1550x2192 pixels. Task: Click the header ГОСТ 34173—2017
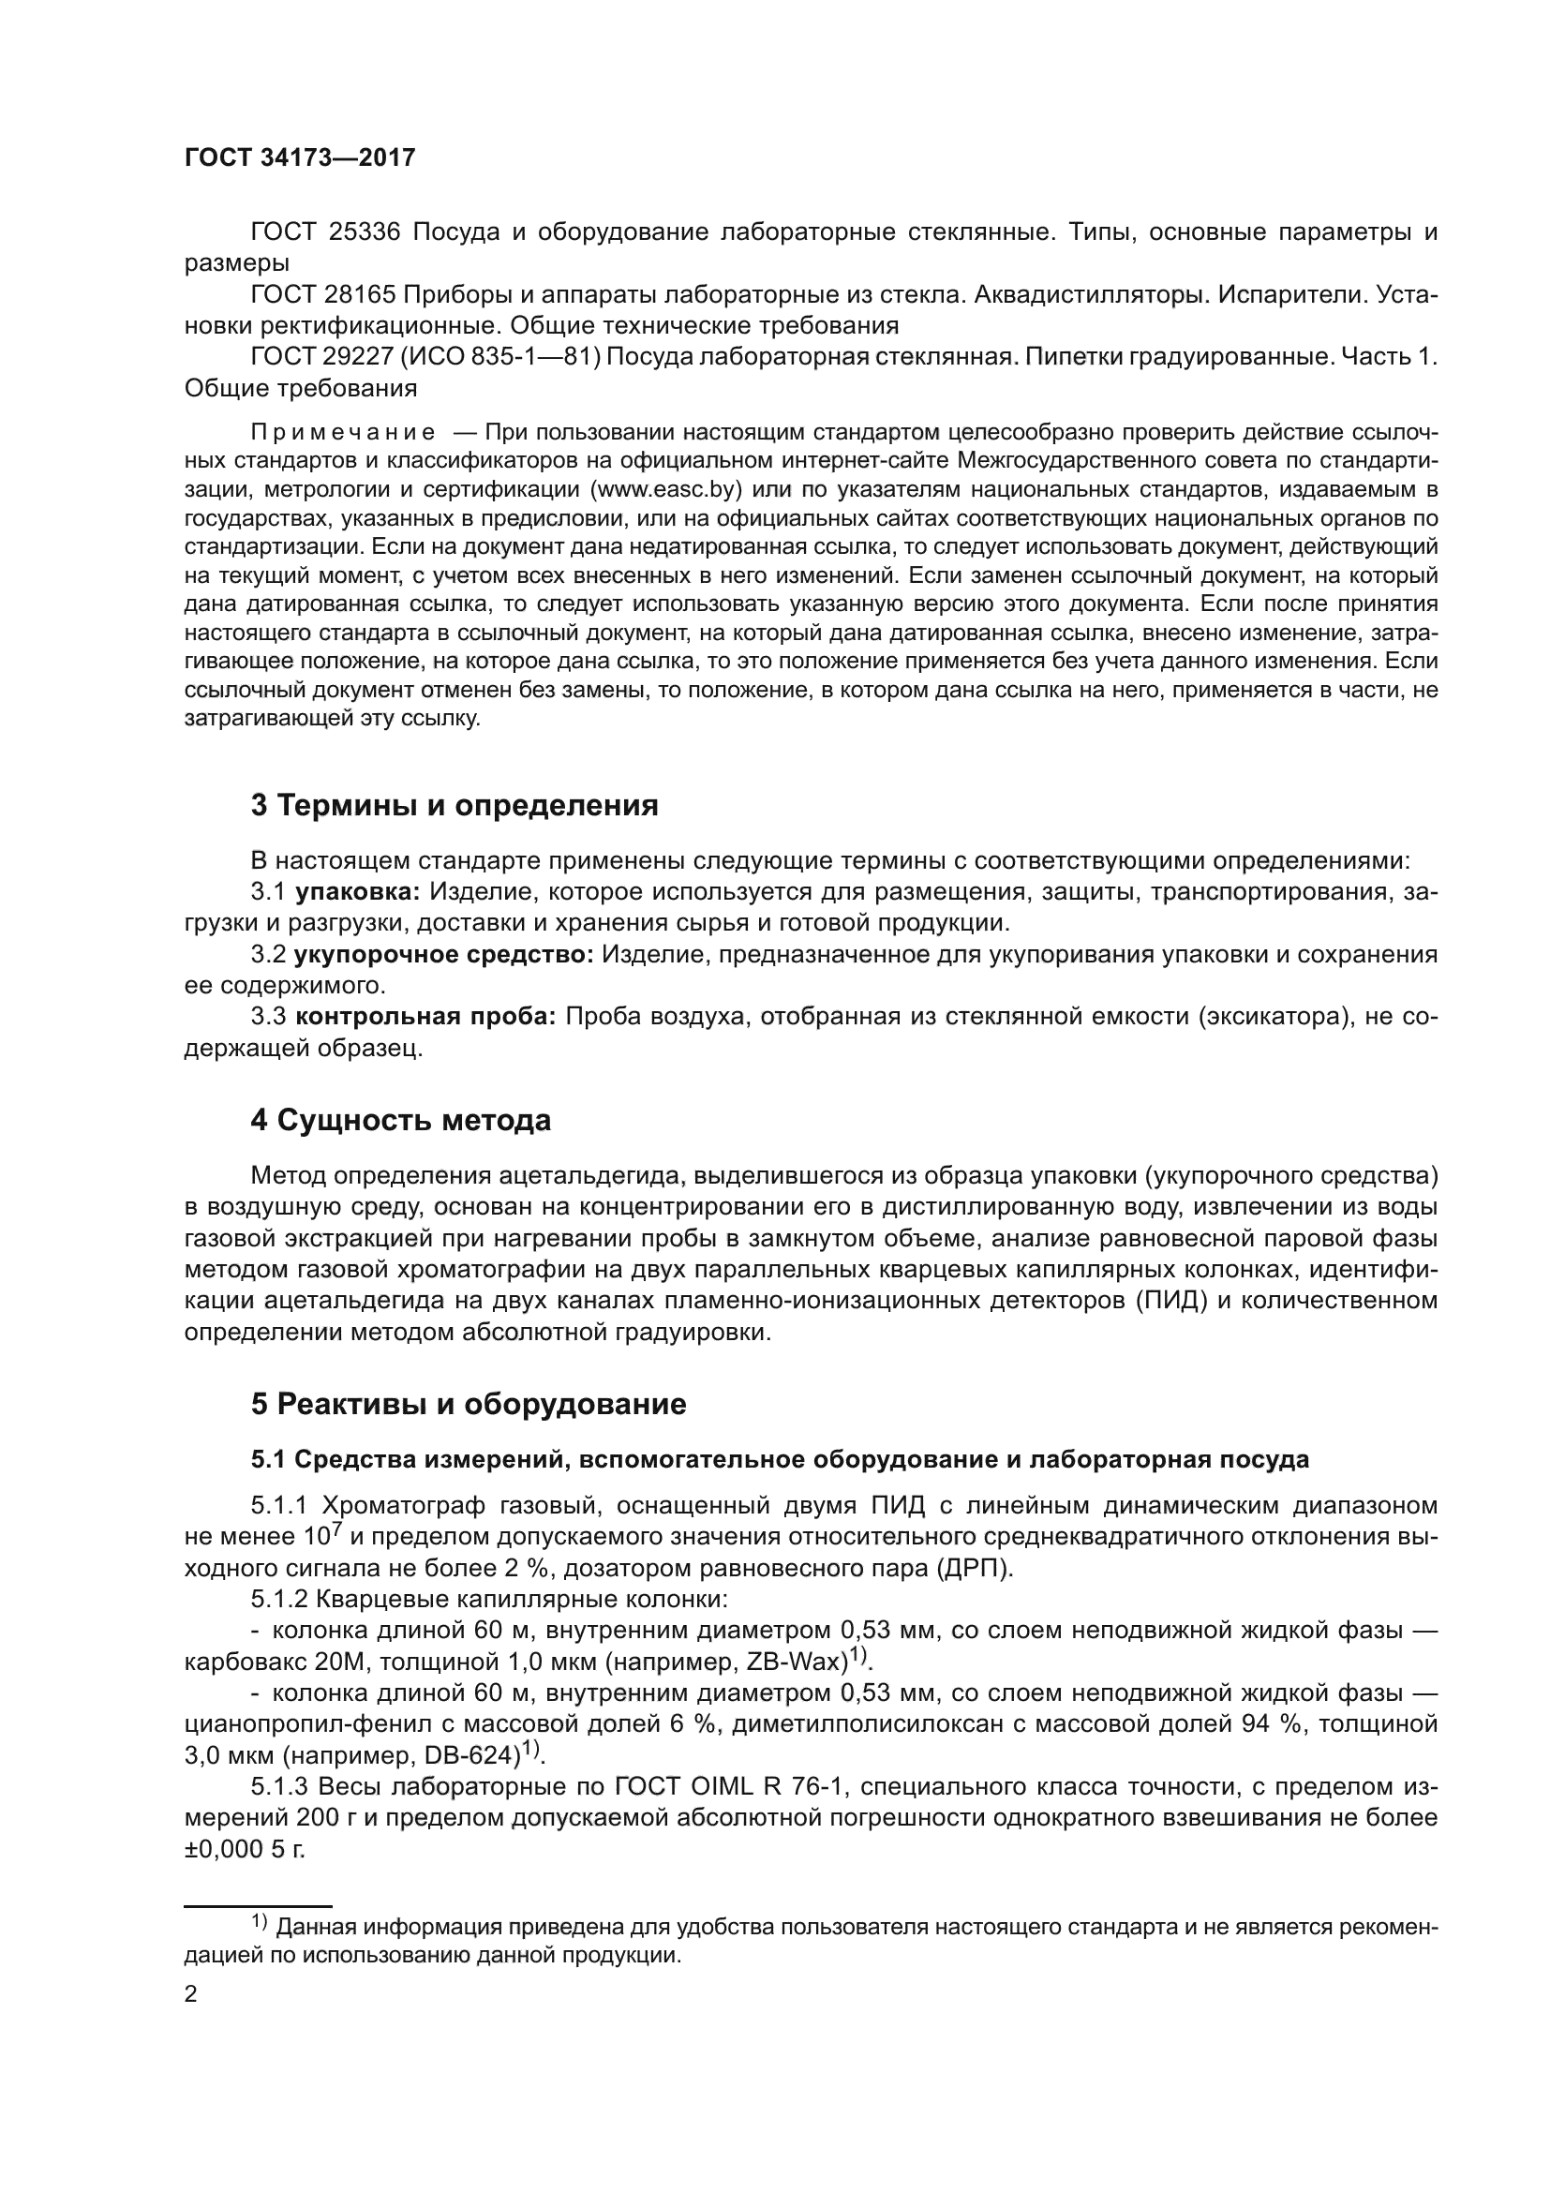[300, 157]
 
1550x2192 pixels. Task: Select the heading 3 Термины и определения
[455, 805]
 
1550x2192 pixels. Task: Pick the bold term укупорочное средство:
[444, 955]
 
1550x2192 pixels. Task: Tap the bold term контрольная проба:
[425, 1017]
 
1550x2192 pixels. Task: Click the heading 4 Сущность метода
[401, 1120]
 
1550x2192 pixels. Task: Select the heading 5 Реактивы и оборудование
[469, 1404]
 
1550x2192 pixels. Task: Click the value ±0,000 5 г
[245, 1849]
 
